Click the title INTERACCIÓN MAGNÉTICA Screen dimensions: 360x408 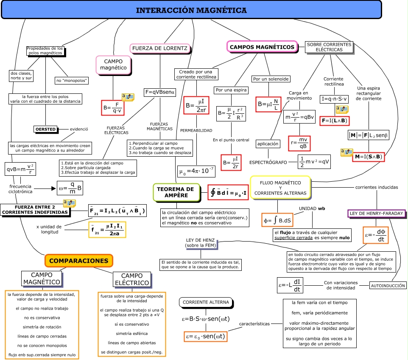click(x=191, y=10)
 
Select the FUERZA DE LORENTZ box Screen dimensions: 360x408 click(x=159, y=48)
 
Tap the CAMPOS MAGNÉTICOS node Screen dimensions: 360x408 click(x=262, y=47)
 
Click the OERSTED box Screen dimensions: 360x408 click(x=45, y=129)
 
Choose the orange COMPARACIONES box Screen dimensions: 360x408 click(x=79, y=261)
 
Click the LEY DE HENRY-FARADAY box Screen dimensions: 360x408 click(x=376, y=213)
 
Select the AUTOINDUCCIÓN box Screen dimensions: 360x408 click(x=388, y=285)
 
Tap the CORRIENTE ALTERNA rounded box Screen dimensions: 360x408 click(x=206, y=302)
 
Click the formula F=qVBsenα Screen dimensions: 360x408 click(x=159, y=92)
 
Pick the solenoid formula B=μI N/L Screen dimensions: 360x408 click(x=268, y=104)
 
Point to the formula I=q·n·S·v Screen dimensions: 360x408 click(x=333, y=99)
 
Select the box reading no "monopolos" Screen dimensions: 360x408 click(x=72, y=80)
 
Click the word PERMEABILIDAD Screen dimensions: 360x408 click(x=196, y=130)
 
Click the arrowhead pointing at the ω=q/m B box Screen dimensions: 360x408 click(x=55, y=187)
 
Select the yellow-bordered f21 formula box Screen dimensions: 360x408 click(x=107, y=229)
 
